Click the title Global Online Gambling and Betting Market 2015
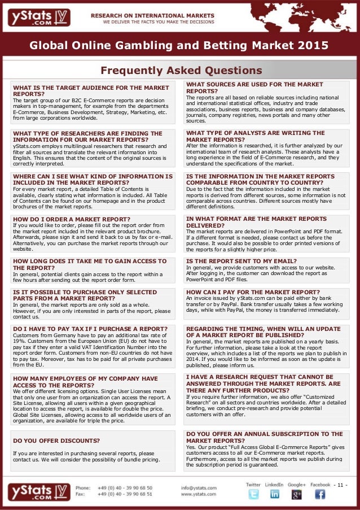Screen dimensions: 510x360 [179, 46]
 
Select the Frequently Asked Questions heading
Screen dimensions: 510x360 [181, 71]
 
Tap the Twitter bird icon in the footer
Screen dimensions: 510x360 [253, 494]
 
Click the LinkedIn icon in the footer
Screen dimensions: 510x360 [275, 494]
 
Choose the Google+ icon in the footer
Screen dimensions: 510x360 [296, 494]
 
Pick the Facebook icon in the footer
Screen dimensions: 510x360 [319, 494]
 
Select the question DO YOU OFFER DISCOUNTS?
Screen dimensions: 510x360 [56, 441]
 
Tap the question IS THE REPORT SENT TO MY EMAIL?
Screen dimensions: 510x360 [241, 261]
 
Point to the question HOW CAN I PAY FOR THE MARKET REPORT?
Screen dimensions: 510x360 [255, 293]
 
